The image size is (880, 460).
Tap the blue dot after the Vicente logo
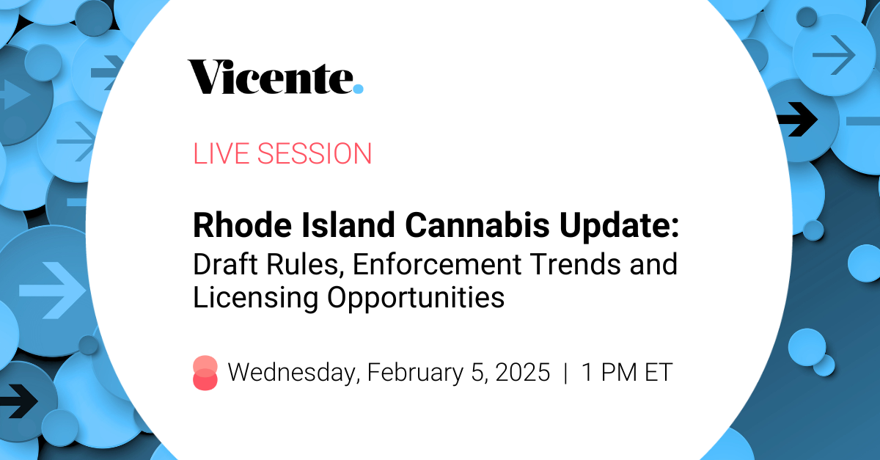[x=358, y=89]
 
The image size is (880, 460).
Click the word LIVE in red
[x=221, y=153]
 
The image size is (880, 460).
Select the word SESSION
[x=315, y=153]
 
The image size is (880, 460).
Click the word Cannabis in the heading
[x=477, y=225]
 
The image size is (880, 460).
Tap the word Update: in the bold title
[x=620, y=227]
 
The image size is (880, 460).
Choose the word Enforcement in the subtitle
[x=437, y=264]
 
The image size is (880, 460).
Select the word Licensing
[x=255, y=299]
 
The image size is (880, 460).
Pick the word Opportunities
[x=416, y=299]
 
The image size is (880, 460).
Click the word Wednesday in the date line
[x=294, y=372]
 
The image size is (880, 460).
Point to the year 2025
[x=522, y=372]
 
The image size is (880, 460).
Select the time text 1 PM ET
[x=626, y=372]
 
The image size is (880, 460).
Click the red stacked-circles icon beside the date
[x=205, y=373]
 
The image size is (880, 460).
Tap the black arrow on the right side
[x=798, y=119]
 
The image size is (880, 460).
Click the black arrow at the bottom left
[x=18, y=401]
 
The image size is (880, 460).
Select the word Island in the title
[x=348, y=225]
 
